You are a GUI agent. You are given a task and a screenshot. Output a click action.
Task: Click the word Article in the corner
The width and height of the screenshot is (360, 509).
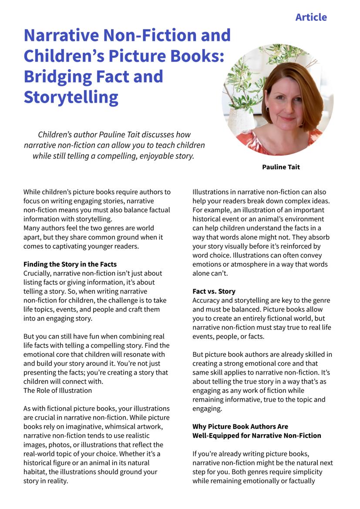[311, 17]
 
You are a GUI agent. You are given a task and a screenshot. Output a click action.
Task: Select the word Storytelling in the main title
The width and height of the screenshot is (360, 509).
[71, 97]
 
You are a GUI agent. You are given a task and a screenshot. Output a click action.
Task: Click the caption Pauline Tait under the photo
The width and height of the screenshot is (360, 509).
[281, 167]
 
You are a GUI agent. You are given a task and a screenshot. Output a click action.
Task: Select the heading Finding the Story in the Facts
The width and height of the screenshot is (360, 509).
[70, 264]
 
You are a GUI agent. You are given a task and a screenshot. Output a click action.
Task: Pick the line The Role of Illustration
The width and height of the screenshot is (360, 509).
[57, 390]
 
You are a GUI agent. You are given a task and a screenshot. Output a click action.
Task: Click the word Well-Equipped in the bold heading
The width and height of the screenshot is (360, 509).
[214, 435]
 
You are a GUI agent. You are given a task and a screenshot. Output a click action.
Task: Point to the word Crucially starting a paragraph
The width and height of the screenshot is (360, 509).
[39, 273]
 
